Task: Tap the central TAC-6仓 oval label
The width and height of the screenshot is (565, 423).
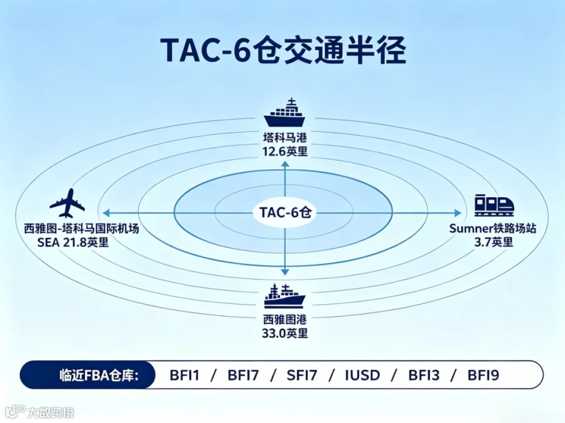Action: coord(285,212)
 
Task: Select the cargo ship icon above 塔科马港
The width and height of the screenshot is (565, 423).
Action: coord(284,113)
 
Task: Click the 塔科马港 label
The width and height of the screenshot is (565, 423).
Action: coord(284,138)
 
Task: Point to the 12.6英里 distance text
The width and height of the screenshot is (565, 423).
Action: coord(285,152)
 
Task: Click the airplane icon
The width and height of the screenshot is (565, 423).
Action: coord(67,203)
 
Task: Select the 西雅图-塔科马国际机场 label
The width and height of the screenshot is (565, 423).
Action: coord(82,228)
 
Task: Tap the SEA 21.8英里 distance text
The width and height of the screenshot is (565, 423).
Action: coord(73,243)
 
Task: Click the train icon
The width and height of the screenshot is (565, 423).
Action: coord(494,206)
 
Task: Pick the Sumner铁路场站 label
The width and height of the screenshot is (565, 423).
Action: coord(493,228)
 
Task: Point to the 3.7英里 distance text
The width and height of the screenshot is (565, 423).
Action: coord(493,242)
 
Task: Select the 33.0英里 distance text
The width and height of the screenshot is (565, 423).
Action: coord(285,333)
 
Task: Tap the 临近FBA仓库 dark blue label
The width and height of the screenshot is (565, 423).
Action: coord(87,375)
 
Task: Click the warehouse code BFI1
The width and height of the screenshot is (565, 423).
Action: coord(185,375)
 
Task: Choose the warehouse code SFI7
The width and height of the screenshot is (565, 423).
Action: coord(302,375)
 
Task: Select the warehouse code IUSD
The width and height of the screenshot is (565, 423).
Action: coord(362,375)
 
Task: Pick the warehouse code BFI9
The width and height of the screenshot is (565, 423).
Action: coord(483,375)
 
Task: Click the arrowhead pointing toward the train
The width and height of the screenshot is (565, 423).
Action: coord(458,213)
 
